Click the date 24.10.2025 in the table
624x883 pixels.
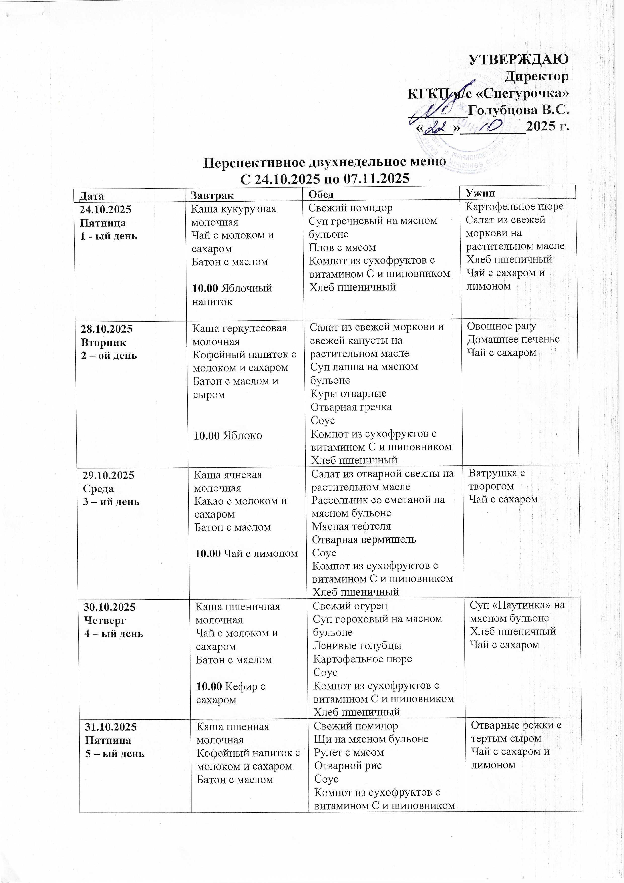point(105,210)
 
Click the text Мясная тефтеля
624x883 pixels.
point(351,526)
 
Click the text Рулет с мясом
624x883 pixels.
point(349,752)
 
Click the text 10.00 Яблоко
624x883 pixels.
point(228,435)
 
